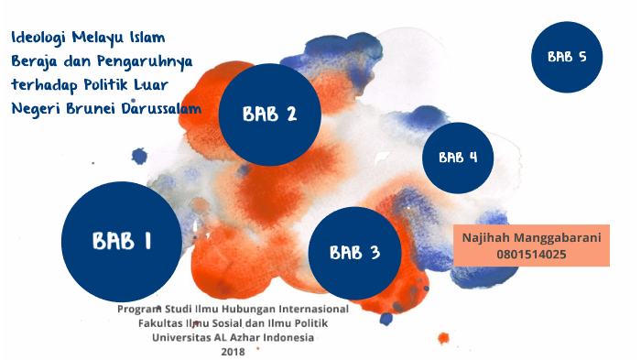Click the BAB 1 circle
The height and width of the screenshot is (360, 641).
coord(122,241)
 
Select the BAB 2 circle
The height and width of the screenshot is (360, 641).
coord(270,115)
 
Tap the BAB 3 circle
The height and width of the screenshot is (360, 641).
coord(355,253)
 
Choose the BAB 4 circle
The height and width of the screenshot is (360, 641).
coord(458,158)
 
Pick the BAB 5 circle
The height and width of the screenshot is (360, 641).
coord(567,57)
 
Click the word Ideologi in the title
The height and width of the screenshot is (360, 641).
coord(38,38)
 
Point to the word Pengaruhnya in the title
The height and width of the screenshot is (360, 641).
coord(145,61)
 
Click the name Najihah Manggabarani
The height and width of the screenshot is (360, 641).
coord(531,237)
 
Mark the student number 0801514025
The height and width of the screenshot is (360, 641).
coord(531,255)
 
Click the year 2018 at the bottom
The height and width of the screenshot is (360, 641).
coord(233,352)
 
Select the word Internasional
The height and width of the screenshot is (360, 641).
coord(313,309)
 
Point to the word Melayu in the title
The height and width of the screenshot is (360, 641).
coord(98,38)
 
